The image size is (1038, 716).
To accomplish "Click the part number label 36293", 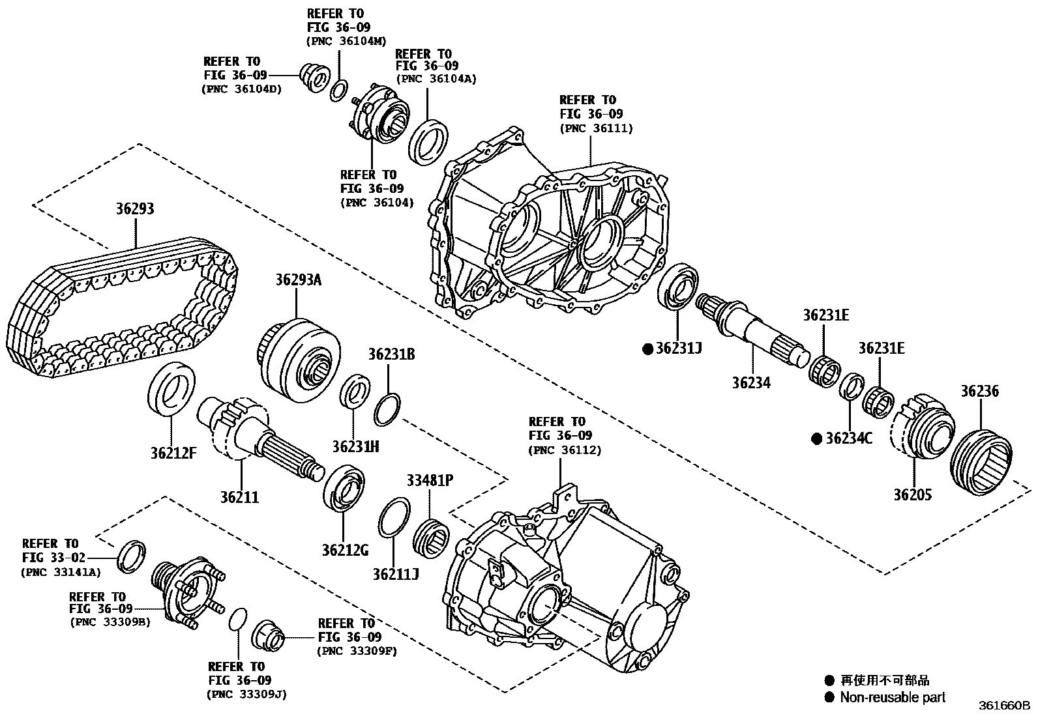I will click(135, 209).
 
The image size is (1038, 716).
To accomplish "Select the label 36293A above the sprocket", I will click(298, 280).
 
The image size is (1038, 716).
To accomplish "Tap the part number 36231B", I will click(391, 355).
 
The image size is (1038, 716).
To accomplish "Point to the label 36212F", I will click(173, 453).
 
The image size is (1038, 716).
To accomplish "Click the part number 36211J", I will click(396, 574).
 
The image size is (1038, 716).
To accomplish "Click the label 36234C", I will click(848, 438).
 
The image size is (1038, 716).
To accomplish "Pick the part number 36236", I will click(979, 392).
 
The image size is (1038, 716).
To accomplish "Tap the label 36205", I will click(912, 494).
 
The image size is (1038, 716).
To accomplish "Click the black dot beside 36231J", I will click(648, 349).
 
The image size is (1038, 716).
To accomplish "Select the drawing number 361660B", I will click(1003, 706).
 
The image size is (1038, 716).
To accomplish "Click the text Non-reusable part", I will click(893, 698).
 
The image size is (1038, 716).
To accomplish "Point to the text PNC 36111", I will click(596, 128).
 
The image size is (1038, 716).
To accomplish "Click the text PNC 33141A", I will click(61, 572).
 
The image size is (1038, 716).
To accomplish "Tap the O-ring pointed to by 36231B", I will click(387, 408).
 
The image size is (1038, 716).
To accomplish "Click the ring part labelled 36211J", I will click(394, 519).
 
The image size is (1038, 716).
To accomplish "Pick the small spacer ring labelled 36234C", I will click(851, 387).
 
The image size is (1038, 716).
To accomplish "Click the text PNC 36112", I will click(565, 450).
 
